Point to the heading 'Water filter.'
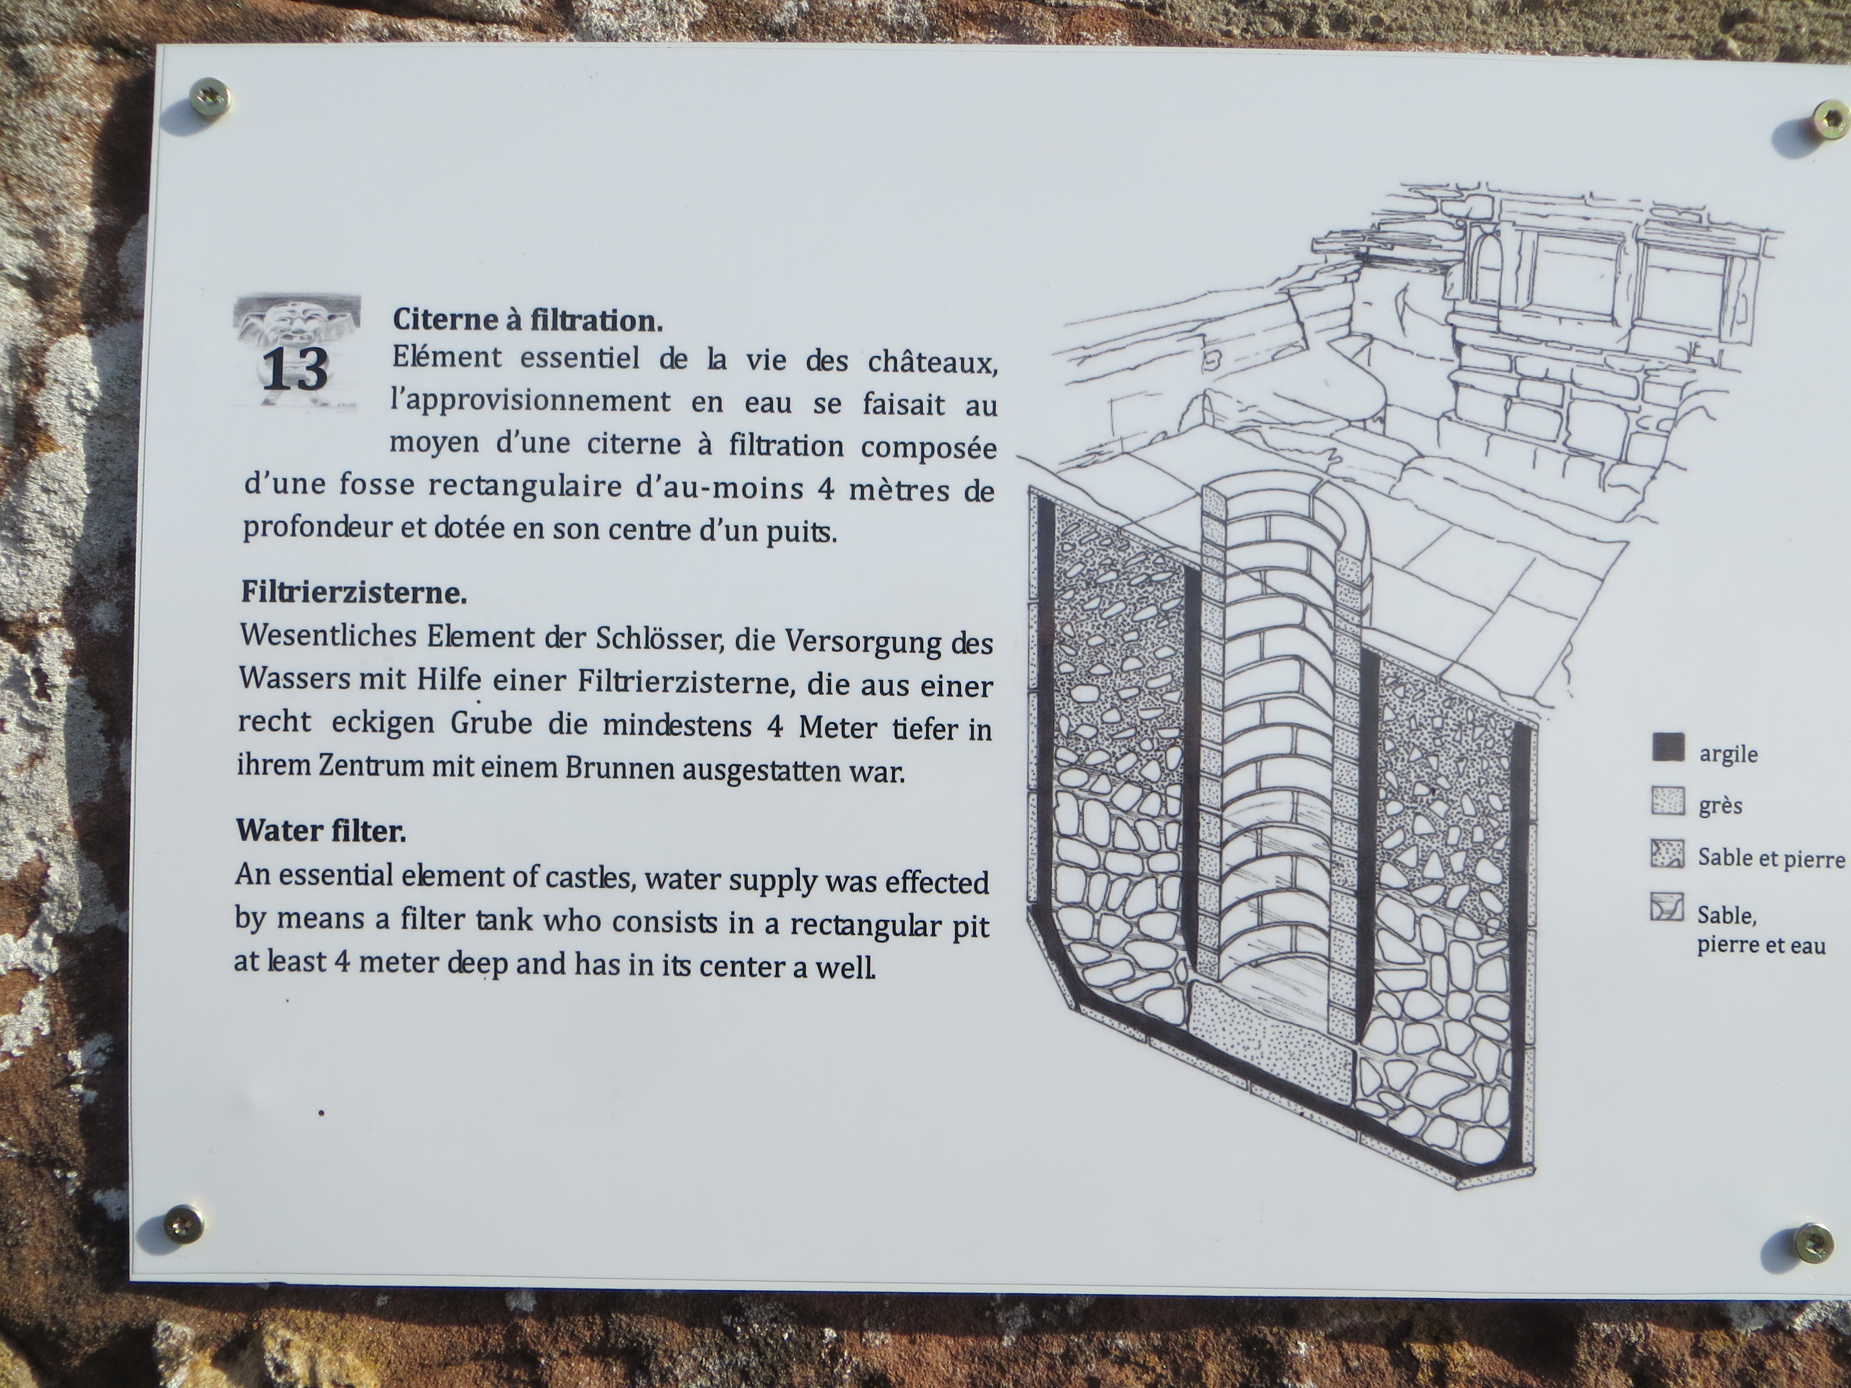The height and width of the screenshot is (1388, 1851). [x=321, y=831]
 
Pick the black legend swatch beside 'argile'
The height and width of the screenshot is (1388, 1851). [x=1668, y=747]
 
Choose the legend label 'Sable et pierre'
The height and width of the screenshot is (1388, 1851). [x=1770, y=858]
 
